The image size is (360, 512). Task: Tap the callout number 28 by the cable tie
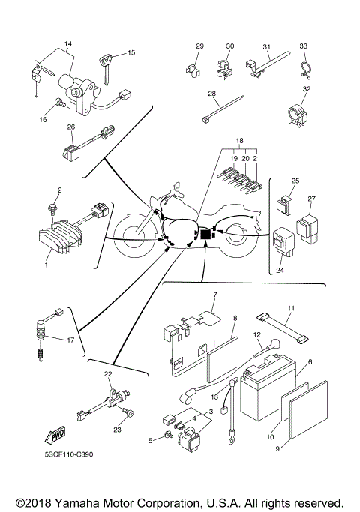pos(211,94)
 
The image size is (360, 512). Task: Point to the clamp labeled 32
pos(299,115)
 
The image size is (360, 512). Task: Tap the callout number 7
pos(215,295)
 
